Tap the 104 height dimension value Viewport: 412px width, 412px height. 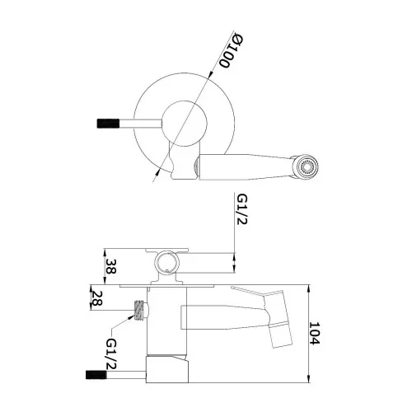pos(315,334)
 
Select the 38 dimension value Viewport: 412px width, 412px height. pos(110,266)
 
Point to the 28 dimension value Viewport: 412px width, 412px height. pos(96,298)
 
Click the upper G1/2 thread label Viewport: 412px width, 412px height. pos(242,209)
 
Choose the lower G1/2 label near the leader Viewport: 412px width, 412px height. pos(111,353)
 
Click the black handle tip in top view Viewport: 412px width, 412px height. pos(108,124)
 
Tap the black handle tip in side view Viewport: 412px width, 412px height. pos(96,375)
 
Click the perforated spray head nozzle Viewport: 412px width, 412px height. pos(305,167)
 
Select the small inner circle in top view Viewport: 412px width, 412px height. pos(184,124)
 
